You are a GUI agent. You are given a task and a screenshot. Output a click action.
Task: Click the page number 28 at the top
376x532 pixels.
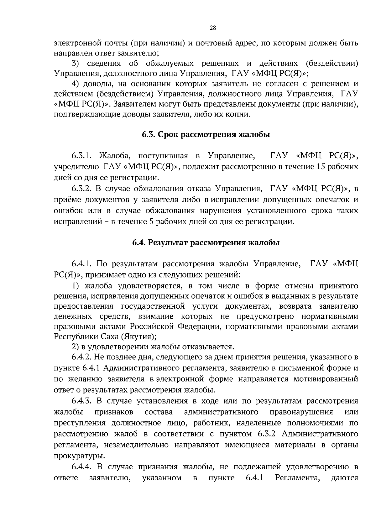(212, 28)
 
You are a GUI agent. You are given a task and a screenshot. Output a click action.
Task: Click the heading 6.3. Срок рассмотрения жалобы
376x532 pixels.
(206, 135)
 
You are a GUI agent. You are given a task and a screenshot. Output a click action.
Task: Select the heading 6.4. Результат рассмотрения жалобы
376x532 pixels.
(206, 243)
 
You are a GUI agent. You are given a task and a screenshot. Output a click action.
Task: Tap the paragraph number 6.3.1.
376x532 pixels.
(81, 156)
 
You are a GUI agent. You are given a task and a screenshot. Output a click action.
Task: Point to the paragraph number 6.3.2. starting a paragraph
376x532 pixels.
(81, 188)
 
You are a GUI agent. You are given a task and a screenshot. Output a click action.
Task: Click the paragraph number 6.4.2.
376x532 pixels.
(81, 357)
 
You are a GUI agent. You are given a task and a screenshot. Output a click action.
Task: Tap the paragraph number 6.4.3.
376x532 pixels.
(81, 401)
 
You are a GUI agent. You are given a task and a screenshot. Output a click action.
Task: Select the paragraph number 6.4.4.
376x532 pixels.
(81, 467)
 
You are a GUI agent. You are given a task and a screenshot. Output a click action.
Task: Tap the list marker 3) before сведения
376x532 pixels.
(75, 64)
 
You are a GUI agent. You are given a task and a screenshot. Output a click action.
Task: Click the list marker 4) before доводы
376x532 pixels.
(75, 84)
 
